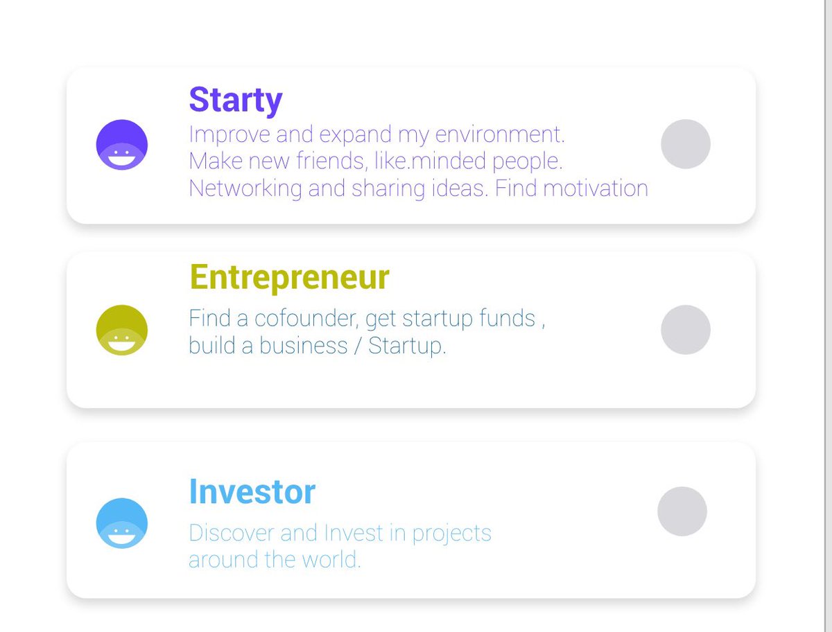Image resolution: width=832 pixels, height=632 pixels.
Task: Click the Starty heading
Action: pyautogui.click(x=236, y=100)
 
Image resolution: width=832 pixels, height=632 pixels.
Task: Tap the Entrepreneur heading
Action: pyautogui.click(x=289, y=277)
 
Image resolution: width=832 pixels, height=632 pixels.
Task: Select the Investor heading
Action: pyautogui.click(x=252, y=491)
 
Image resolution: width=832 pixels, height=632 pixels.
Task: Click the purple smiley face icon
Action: pyautogui.click(x=121, y=144)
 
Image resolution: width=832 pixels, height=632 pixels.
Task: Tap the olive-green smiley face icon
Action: pyautogui.click(x=121, y=330)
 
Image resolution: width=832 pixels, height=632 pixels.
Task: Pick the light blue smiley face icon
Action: pyautogui.click(x=121, y=523)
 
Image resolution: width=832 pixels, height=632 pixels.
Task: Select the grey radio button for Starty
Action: pyautogui.click(x=685, y=143)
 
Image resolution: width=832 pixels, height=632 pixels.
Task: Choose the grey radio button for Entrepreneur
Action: pyautogui.click(x=685, y=330)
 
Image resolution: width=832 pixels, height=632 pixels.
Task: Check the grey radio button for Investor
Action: pyautogui.click(x=682, y=511)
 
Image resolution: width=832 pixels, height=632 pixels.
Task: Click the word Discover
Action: pyautogui.click(x=231, y=533)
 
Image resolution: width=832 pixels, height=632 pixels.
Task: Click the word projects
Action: pyautogui.click(x=451, y=534)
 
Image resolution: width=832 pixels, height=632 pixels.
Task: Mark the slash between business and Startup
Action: pyautogui.click(x=358, y=346)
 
